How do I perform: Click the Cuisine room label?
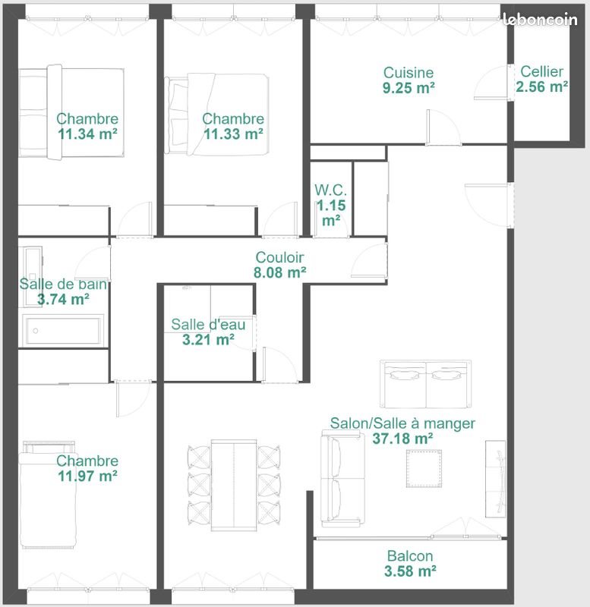point(409,73)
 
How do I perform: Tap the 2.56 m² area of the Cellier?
point(542,86)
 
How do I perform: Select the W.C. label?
point(330,190)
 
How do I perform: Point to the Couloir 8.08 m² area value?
point(281,272)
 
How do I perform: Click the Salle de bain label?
point(63,284)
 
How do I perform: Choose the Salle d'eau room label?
point(208,325)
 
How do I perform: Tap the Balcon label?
point(410,556)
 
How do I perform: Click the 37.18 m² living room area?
point(402,439)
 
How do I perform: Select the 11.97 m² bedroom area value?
point(87,476)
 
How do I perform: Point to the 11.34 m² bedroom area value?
point(87,134)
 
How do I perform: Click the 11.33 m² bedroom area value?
point(233,134)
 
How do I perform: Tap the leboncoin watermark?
point(541,20)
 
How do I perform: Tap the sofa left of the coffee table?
point(342,478)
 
